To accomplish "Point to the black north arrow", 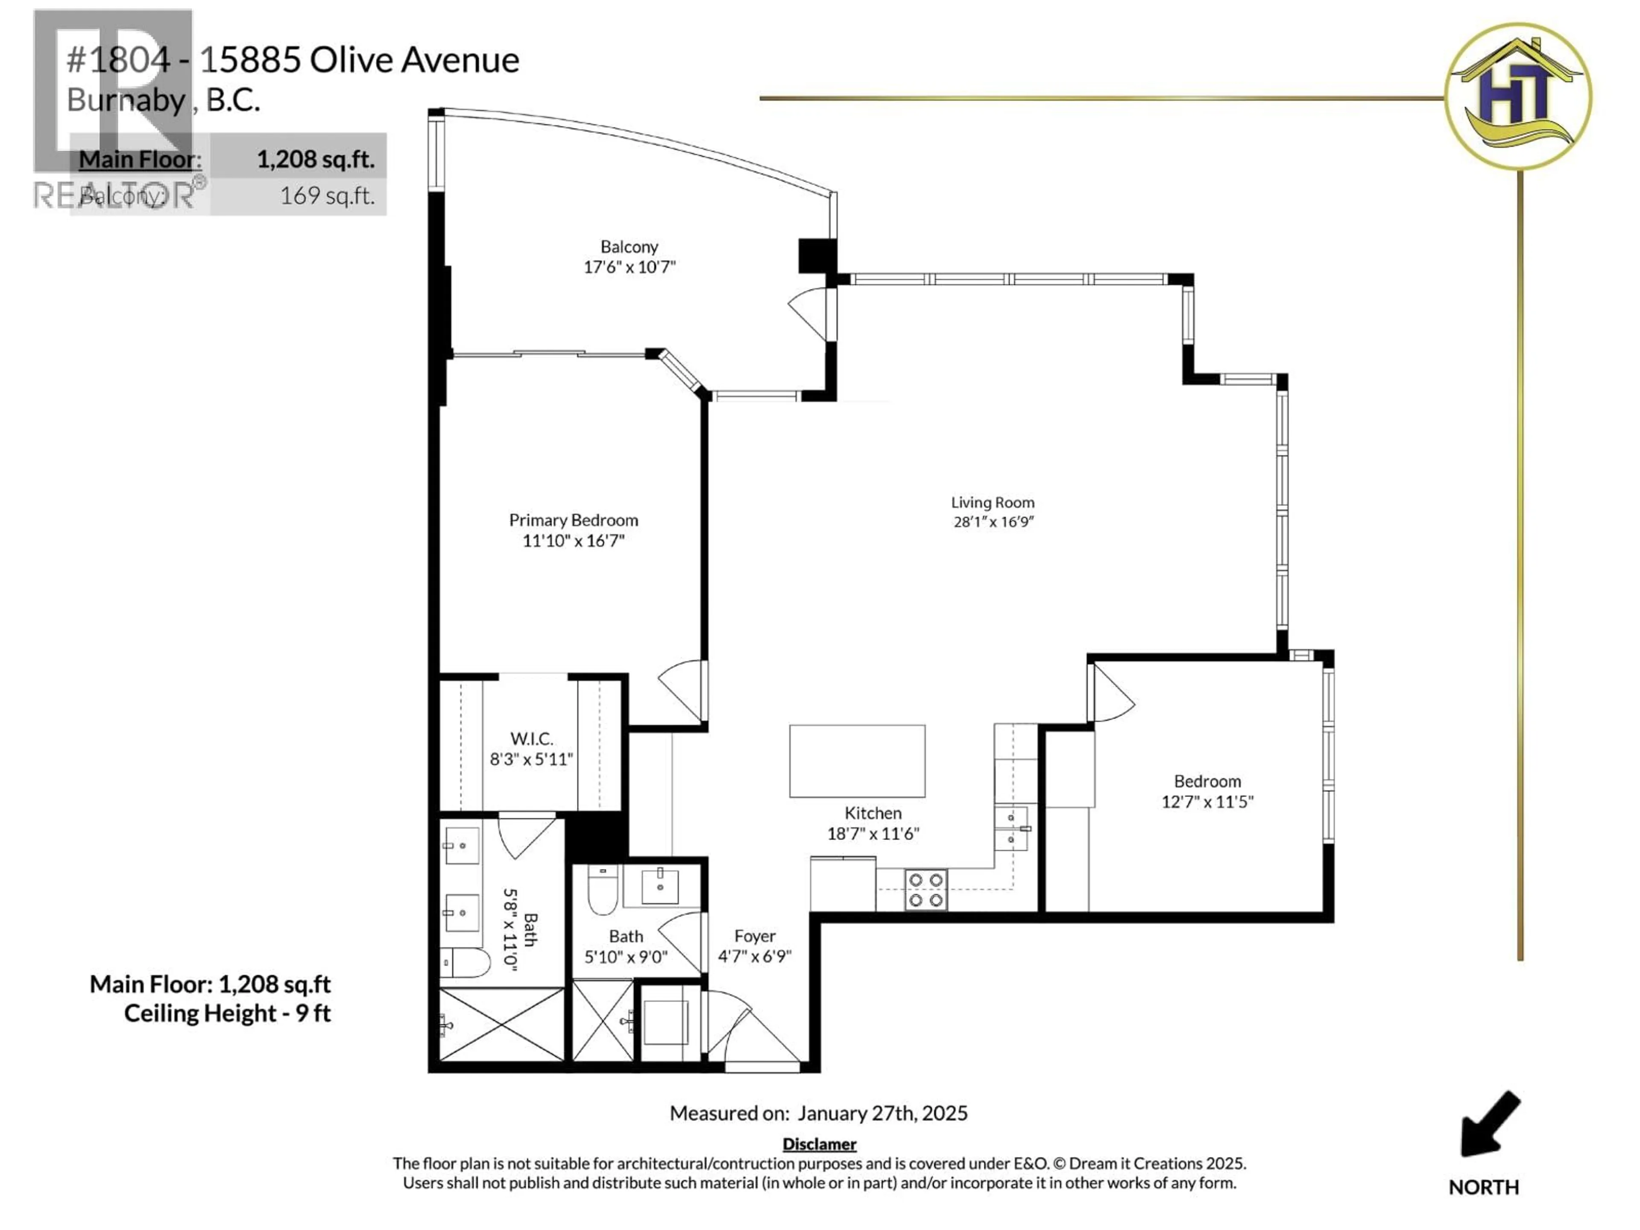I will pos(1489,1124).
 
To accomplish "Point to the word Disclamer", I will pos(819,1144).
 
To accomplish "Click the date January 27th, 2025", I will pos(882,1113).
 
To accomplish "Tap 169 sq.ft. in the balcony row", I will pos(327,196).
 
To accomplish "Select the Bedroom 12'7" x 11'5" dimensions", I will pos(1207,802).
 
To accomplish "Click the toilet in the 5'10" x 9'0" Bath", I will pos(603,891).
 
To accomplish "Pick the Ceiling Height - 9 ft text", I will pos(227,1013).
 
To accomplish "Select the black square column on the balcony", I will pos(816,255).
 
